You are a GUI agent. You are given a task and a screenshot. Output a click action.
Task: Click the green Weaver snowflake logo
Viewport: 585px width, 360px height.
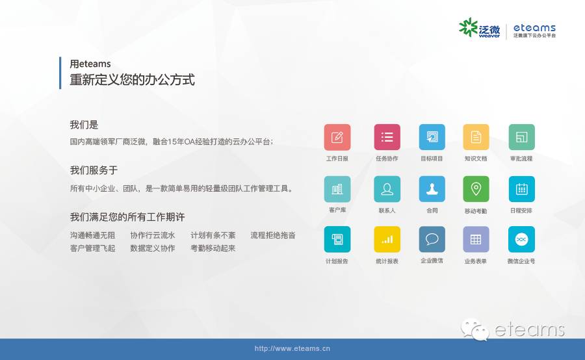(x=468, y=27)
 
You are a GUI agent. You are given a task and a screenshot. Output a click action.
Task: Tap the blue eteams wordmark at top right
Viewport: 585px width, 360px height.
(x=534, y=27)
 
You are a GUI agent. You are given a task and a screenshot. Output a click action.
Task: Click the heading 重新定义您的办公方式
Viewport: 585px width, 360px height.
(x=132, y=80)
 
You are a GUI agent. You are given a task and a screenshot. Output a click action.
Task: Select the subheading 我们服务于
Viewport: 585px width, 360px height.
(x=94, y=170)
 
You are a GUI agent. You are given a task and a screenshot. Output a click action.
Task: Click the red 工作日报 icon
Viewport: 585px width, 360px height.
(x=337, y=137)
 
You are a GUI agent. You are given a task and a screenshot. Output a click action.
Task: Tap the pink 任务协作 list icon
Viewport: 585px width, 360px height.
(x=387, y=137)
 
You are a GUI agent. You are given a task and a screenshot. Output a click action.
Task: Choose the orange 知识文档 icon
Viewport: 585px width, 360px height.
(x=476, y=137)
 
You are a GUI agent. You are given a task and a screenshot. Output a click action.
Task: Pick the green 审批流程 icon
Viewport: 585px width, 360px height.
(x=521, y=137)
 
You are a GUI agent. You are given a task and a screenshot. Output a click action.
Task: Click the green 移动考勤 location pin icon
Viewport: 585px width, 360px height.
(x=476, y=188)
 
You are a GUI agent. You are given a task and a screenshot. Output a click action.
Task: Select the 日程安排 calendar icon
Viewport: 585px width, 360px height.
(x=521, y=188)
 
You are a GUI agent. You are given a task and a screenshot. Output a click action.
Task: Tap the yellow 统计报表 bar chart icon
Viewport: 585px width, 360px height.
(x=387, y=239)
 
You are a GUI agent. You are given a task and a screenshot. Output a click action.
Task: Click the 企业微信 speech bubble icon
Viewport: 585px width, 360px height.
(x=432, y=239)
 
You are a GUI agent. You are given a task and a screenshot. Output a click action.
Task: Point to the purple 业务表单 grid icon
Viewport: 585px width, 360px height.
(x=476, y=239)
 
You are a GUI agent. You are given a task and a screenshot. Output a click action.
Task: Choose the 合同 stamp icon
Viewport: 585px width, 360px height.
(x=432, y=188)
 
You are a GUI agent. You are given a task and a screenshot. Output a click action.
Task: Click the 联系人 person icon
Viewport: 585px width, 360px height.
(x=387, y=188)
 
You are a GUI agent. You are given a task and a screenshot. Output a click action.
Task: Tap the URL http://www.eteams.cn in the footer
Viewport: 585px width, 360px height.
(x=292, y=348)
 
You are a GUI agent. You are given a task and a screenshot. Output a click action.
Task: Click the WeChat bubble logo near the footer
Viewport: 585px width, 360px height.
(x=474, y=329)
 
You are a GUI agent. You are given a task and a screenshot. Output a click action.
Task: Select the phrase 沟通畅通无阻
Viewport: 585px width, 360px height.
(x=92, y=235)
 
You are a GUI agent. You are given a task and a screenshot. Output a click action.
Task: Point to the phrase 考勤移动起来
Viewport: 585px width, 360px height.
(x=213, y=248)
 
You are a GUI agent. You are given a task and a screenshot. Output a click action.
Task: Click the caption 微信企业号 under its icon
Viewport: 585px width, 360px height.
(x=521, y=261)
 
